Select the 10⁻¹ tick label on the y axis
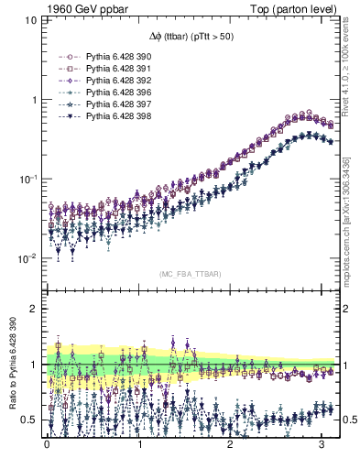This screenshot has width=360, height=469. point(28,179)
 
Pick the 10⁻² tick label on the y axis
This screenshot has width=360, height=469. point(28,259)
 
